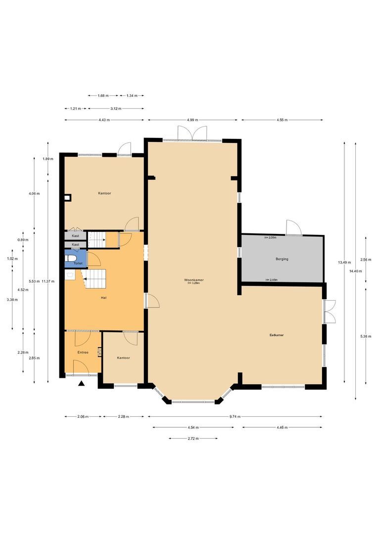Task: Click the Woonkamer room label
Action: (193, 280)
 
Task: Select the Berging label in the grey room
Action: (282, 259)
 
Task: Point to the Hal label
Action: (103, 298)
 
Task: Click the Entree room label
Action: (83, 352)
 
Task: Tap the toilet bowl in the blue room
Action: (71, 258)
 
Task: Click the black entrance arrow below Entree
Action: (82, 383)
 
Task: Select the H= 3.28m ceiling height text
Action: (193, 284)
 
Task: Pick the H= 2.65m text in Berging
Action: (271, 280)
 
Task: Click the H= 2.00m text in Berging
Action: (271, 237)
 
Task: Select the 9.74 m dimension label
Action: (235, 417)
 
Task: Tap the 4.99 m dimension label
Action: (193, 120)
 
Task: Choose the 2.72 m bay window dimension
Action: (193, 439)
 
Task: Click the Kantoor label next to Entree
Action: (123, 357)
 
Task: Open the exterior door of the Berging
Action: (293, 227)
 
